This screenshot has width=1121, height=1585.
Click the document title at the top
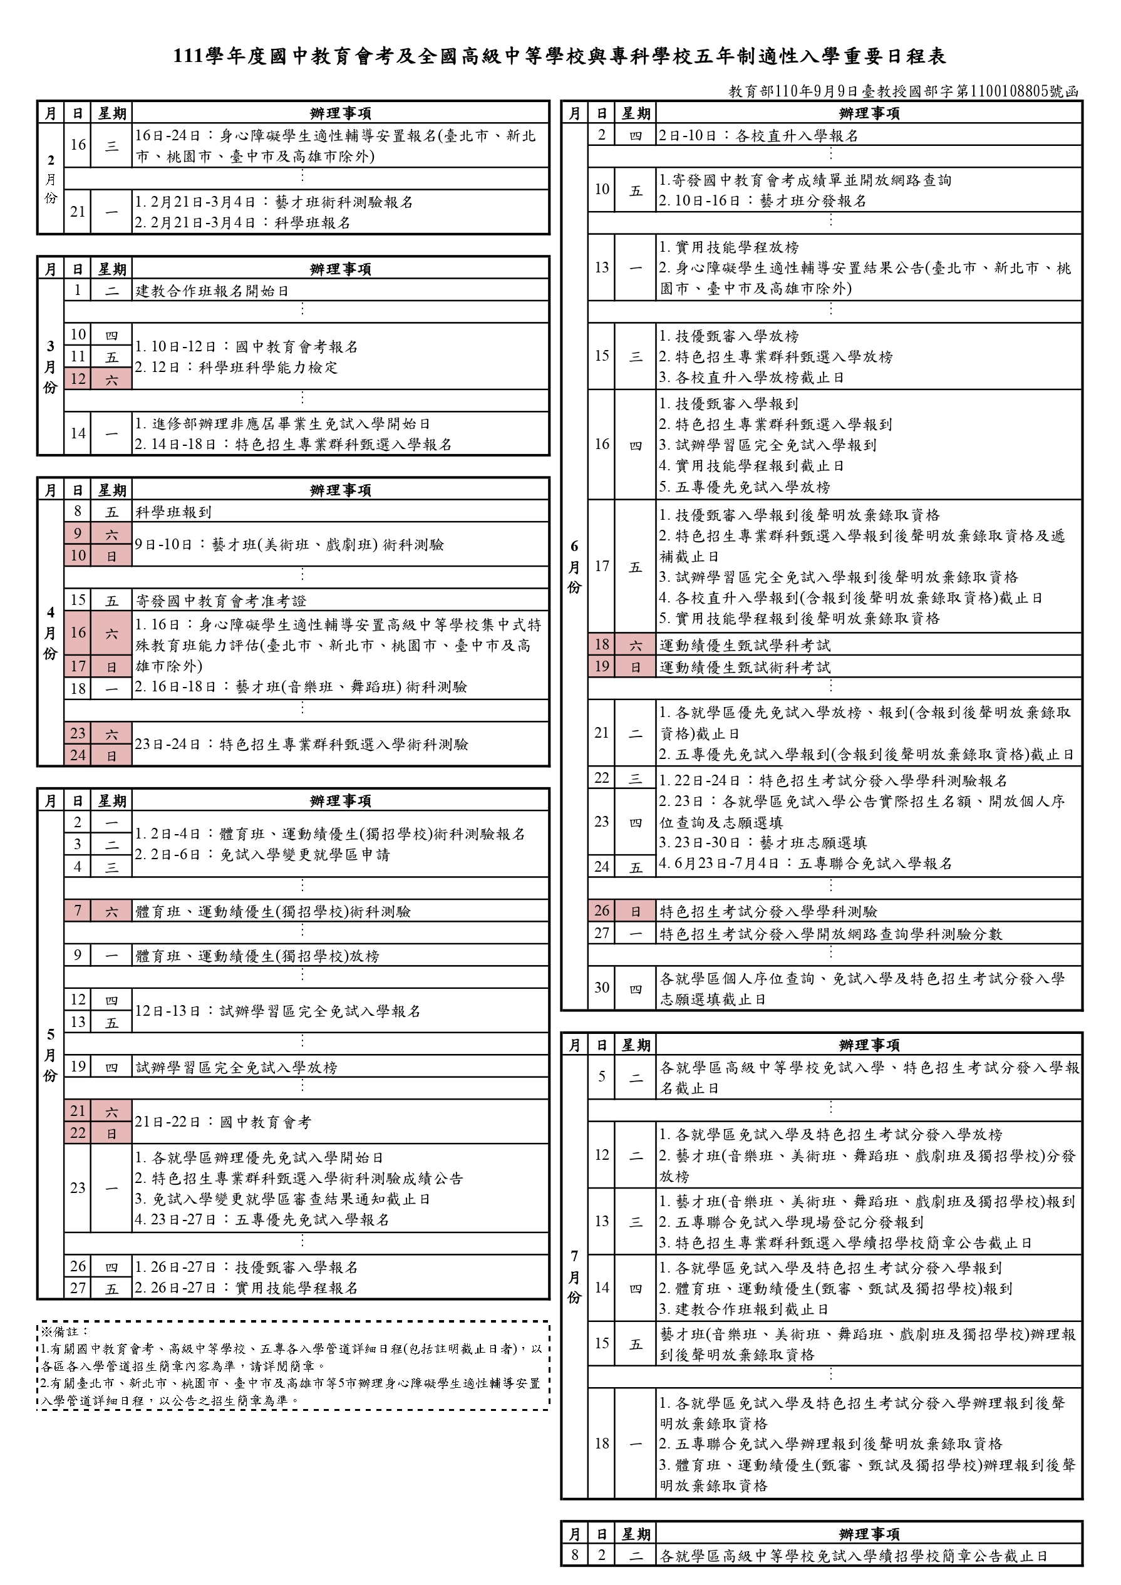coord(560,56)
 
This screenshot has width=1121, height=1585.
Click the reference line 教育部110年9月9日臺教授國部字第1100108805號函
coord(903,92)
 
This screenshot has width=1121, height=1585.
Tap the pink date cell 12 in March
coord(78,379)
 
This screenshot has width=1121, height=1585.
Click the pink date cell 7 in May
coord(78,911)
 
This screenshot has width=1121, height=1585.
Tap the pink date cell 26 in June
coord(602,911)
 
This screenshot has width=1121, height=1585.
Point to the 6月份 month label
coord(574,566)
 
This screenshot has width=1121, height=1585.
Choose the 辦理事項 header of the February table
coord(340,113)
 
